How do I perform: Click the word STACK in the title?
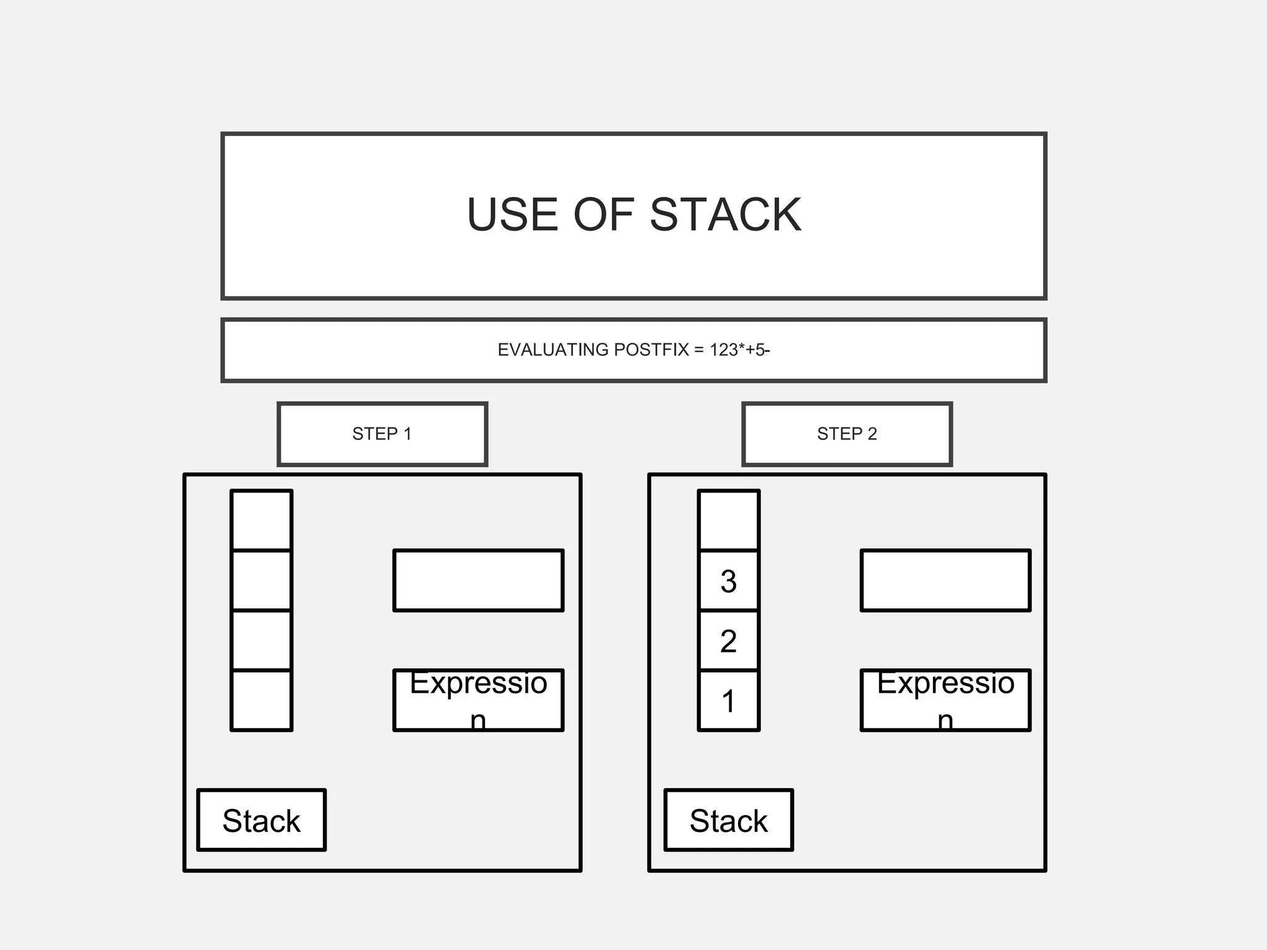click(x=725, y=215)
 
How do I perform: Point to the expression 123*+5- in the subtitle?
click(x=739, y=350)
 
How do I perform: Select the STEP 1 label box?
click(x=382, y=434)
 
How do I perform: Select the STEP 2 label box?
click(x=847, y=434)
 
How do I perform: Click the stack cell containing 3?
click(x=729, y=581)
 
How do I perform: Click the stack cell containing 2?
click(x=729, y=641)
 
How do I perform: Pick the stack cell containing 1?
click(x=729, y=701)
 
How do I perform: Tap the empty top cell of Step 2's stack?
click(x=729, y=520)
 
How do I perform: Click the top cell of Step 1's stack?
click(x=261, y=520)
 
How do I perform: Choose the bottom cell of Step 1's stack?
click(x=261, y=701)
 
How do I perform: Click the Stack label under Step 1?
click(x=261, y=820)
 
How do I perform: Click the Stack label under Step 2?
click(x=729, y=820)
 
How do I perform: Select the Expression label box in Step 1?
click(x=478, y=700)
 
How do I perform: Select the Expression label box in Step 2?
click(x=945, y=700)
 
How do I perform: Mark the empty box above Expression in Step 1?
click(x=478, y=580)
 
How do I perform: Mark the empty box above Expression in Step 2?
click(x=945, y=580)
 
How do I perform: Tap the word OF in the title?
click(x=603, y=215)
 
